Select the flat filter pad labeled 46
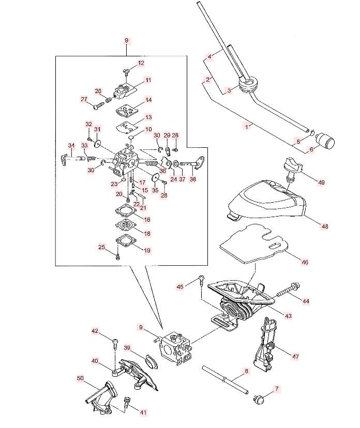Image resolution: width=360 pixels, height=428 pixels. pos(253,242)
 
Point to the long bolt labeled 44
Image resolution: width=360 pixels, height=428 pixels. pos(288,290)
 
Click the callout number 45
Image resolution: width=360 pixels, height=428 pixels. pos(180,286)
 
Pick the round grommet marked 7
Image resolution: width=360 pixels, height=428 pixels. pos(258,399)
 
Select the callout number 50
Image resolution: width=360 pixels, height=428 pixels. pos(80,379)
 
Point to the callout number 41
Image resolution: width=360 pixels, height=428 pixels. pos(143,412)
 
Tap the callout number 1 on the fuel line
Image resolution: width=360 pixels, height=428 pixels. pos(248,126)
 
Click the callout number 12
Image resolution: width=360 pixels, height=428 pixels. pos(141,63)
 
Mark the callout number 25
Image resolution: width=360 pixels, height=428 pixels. pos(102,248)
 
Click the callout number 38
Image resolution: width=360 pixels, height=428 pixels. pos(193,180)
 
